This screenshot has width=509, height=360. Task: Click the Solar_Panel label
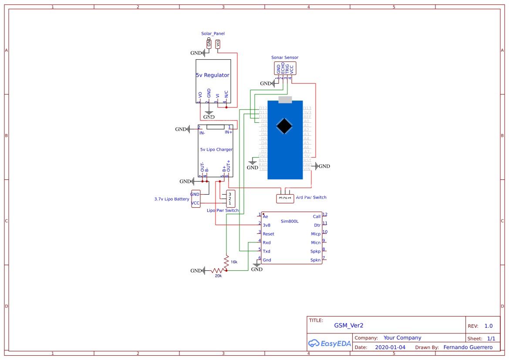pos(212,34)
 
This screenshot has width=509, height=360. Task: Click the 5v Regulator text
pos(212,75)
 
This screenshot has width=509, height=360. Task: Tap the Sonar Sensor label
pos(285,57)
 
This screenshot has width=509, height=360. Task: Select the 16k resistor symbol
pos(226,262)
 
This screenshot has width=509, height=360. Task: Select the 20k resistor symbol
pos(219,271)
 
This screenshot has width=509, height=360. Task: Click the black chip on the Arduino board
pos(284,126)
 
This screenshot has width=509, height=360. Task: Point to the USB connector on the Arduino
pos(285,100)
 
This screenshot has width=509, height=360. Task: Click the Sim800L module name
pos(290,221)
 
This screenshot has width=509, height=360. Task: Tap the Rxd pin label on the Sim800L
pos(266,242)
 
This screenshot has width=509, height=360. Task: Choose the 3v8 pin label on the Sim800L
pos(266,225)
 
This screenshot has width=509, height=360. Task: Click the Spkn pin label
pos(315,260)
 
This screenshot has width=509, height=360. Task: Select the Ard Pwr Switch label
pos(311,197)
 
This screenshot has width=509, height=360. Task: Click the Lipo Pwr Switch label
pos(222,210)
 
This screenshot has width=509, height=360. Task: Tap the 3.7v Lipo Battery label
pos(172,199)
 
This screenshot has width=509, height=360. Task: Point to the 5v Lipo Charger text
pos(216,149)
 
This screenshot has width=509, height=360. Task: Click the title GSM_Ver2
pos(348,325)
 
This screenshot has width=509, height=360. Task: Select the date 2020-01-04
pos(390,347)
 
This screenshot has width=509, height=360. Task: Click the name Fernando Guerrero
pos(468,347)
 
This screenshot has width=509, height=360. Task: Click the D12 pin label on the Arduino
pos(263,108)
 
